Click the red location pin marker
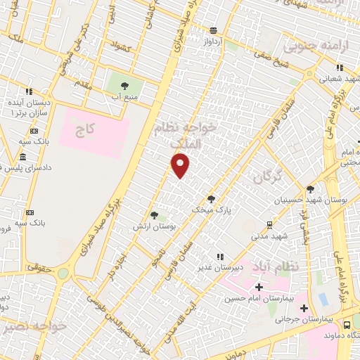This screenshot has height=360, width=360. [181, 166]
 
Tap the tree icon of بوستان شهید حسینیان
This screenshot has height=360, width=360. [311, 188]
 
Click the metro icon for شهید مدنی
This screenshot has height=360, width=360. [269, 224]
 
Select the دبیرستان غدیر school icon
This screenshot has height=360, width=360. [220, 257]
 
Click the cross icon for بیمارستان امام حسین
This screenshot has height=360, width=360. [259, 287]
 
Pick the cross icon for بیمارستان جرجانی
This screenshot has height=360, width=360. [304, 308]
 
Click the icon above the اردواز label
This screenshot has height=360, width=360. [214, 30]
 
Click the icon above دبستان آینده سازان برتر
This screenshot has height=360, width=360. [30, 91]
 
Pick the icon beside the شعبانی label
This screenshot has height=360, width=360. [340, 68]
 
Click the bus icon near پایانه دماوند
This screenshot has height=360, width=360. [347, 325]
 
